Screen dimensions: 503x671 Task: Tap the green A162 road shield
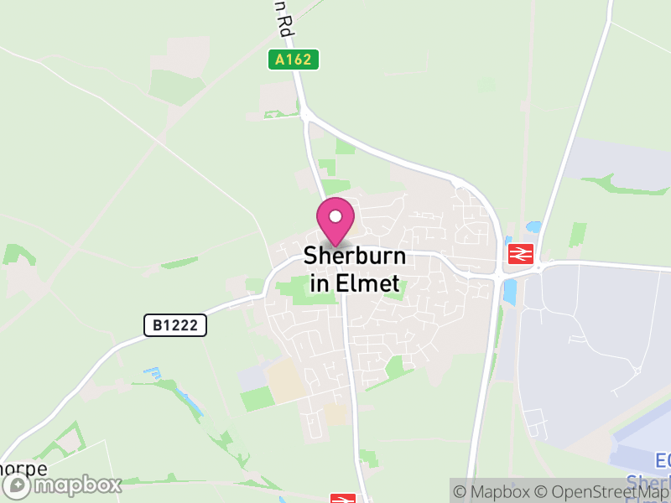click(x=294, y=60)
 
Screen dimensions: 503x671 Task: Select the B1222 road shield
click(x=174, y=325)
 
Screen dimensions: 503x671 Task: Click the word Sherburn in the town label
click(x=354, y=255)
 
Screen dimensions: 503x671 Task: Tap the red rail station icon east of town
click(x=520, y=253)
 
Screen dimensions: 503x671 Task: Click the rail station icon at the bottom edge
click(x=341, y=499)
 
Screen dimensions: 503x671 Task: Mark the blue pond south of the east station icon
click(x=509, y=291)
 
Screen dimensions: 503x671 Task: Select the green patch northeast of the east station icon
click(x=577, y=235)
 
